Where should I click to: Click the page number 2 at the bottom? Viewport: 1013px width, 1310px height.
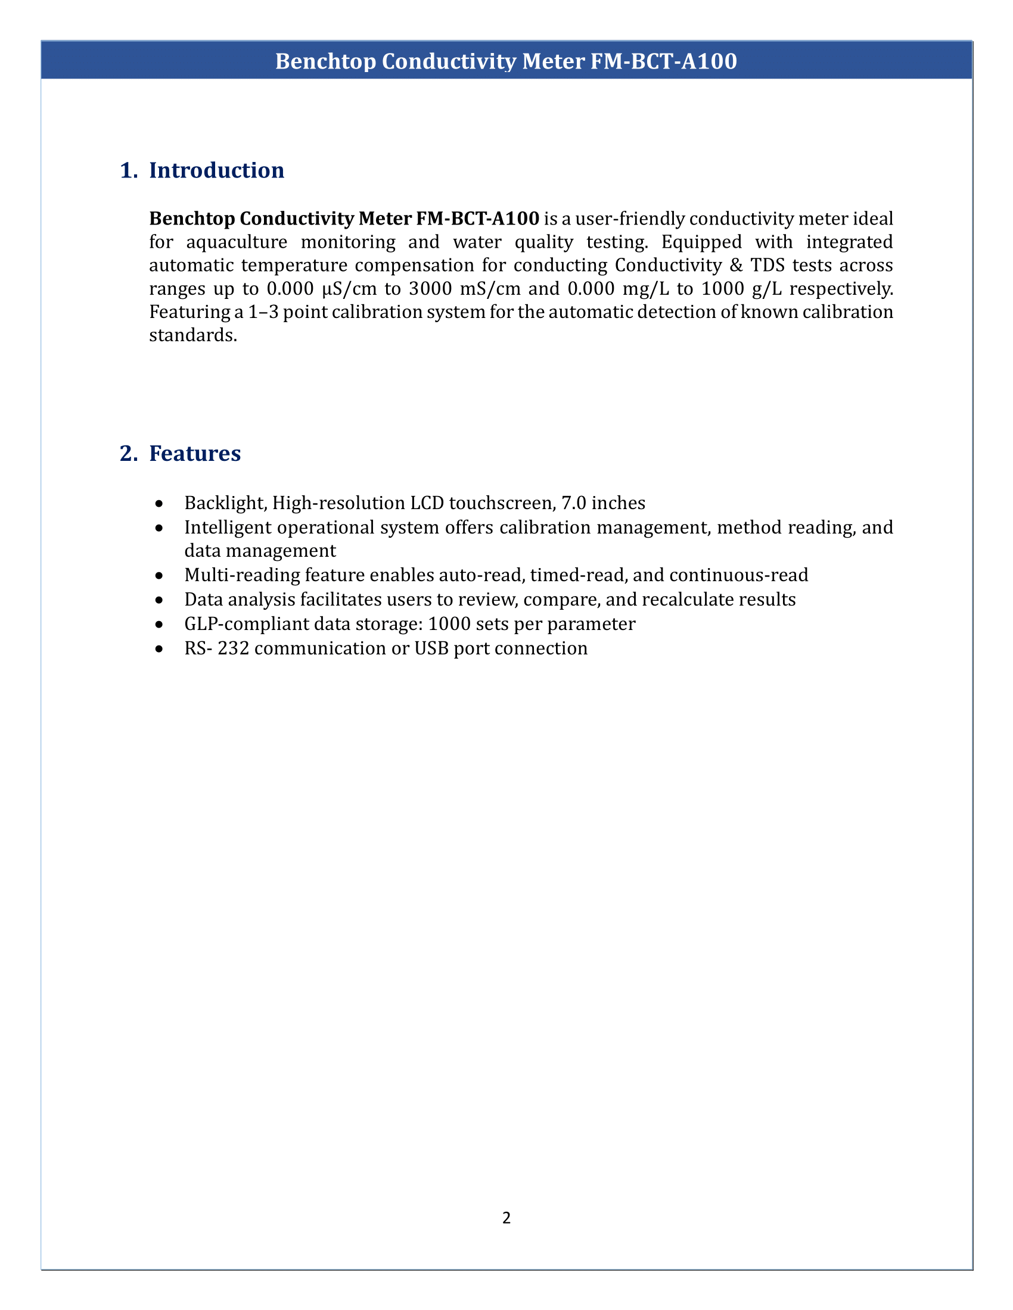click(x=506, y=1218)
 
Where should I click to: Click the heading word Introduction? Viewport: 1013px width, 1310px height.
click(x=216, y=170)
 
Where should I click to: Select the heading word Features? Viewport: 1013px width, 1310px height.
click(x=194, y=454)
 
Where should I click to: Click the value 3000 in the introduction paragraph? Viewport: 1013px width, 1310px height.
click(x=430, y=289)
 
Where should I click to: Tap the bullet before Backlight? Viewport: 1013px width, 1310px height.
click(x=159, y=503)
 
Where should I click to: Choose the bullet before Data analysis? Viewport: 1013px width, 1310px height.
click(x=159, y=600)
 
